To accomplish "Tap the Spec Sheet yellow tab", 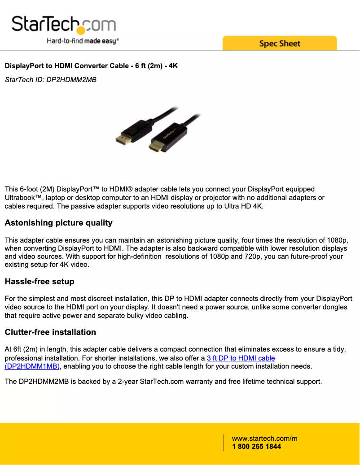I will [279, 43].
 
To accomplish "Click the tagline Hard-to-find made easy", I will [83, 41].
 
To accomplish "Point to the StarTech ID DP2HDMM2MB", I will [50, 80].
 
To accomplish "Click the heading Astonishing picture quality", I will [58, 223].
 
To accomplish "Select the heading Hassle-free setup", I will [39, 282].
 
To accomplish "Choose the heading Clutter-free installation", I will [50, 332].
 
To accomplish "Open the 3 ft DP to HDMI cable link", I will [241, 358].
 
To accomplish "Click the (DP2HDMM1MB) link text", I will [32, 366].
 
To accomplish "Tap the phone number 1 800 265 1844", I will [256, 447].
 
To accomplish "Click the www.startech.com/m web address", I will [264, 438].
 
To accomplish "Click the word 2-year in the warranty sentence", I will [127, 382].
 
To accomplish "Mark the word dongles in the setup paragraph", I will [335, 307].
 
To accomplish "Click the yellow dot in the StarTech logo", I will [81, 30].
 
